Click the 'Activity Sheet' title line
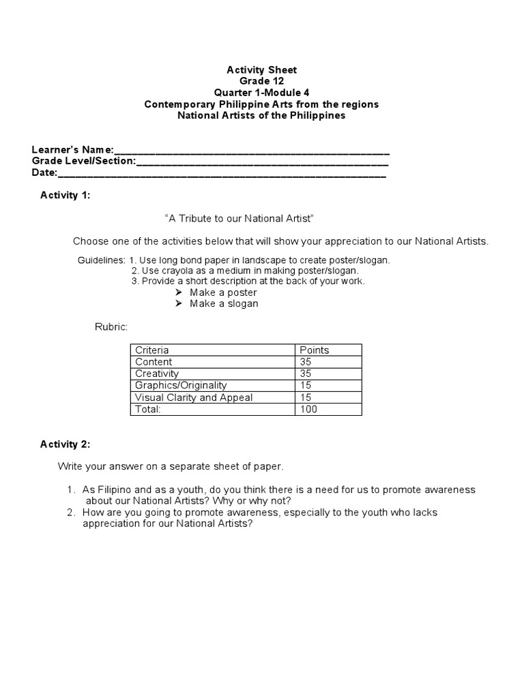(x=261, y=70)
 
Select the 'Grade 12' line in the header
(x=261, y=81)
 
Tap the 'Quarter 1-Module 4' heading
(x=261, y=93)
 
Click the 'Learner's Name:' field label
(x=73, y=150)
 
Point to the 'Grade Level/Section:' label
(x=84, y=162)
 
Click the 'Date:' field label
(x=45, y=173)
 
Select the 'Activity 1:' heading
(x=65, y=196)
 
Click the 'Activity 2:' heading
(x=65, y=444)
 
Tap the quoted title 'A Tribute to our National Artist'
(x=239, y=218)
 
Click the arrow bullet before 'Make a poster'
(x=179, y=292)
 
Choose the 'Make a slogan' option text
(x=224, y=303)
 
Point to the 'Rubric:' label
(x=111, y=327)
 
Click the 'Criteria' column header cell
(x=152, y=350)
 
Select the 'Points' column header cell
(x=315, y=350)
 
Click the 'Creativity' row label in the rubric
(x=157, y=374)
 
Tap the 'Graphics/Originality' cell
(x=181, y=386)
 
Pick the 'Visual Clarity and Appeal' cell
(x=194, y=397)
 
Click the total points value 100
(x=308, y=410)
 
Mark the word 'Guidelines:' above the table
(x=101, y=261)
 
